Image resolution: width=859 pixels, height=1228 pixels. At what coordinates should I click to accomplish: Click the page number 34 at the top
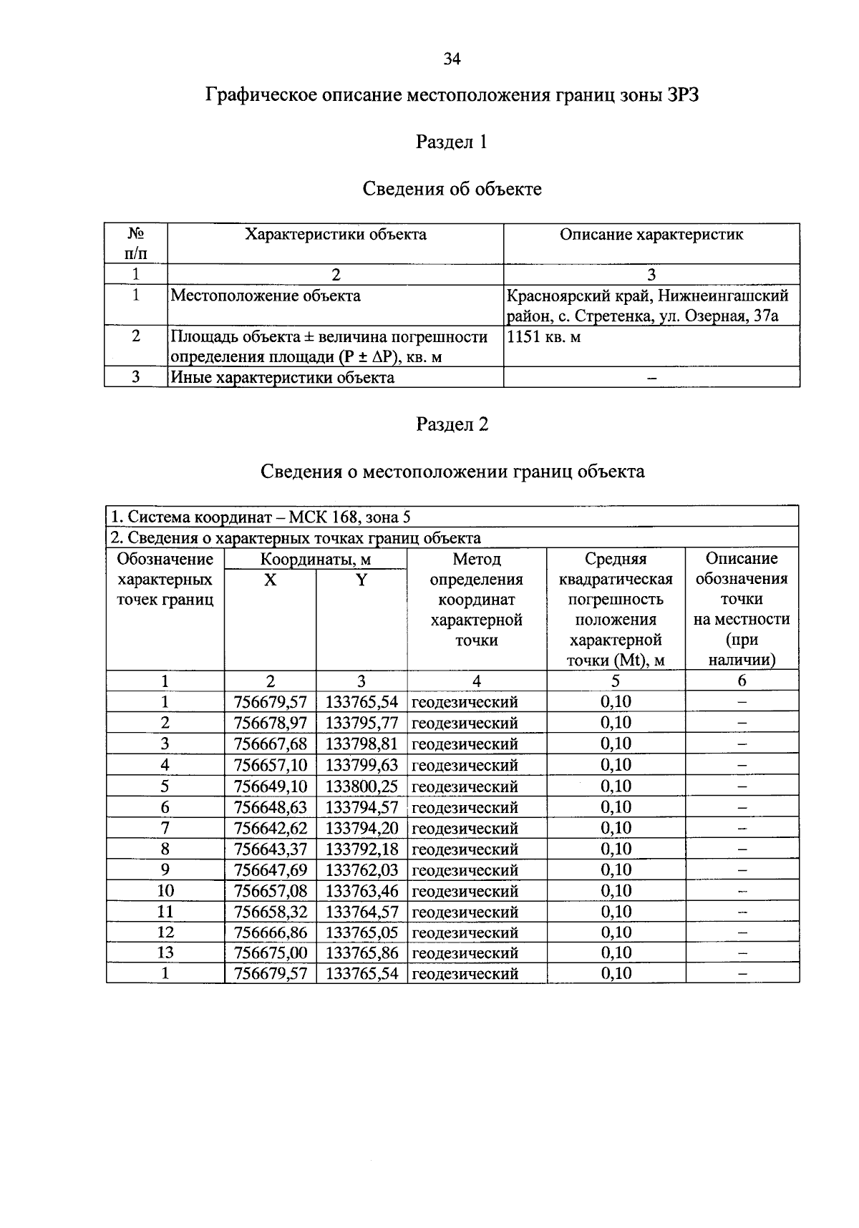[452, 59]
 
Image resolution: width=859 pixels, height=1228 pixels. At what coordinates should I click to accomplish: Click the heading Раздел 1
[452, 142]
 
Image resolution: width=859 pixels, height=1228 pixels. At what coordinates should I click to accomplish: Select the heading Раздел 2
[452, 424]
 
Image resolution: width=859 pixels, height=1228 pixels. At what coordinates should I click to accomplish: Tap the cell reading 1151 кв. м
[544, 336]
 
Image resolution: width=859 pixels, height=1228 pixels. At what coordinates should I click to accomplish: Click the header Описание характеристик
[651, 235]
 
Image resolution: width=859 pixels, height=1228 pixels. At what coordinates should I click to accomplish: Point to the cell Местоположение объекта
[266, 296]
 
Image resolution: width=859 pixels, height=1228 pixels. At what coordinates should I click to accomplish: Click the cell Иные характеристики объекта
[282, 377]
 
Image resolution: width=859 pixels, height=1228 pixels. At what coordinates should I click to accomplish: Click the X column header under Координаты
[270, 580]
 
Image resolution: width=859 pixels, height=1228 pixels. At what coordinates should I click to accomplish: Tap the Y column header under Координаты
[361, 580]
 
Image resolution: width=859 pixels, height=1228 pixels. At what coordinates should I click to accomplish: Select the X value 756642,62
[270, 828]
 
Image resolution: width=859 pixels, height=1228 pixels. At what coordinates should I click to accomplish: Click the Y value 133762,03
[361, 870]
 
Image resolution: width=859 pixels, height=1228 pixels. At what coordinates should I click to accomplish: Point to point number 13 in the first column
[165, 952]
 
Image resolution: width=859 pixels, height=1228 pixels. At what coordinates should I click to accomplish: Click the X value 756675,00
[270, 952]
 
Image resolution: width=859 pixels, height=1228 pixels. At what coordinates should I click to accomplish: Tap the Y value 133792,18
[361, 849]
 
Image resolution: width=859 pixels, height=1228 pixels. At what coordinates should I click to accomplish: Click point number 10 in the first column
[165, 891]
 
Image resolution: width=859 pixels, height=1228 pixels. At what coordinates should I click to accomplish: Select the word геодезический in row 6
[465, 807]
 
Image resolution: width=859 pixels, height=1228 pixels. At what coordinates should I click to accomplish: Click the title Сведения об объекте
[452, 189]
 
